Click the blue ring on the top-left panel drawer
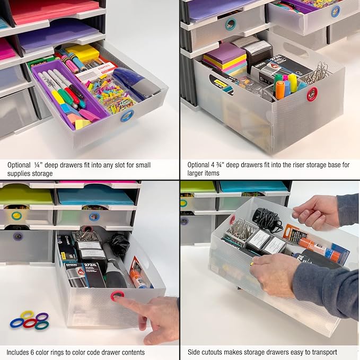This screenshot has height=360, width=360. pos(126,116)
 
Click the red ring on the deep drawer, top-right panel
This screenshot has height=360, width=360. pos(312,94)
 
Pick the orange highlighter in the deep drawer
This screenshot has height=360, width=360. pos(280,90)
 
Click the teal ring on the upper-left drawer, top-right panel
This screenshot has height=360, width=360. pos(231,24)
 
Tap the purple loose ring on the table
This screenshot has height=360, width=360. pos(42,317)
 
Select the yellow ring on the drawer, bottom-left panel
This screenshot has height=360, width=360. pos(16,216)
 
